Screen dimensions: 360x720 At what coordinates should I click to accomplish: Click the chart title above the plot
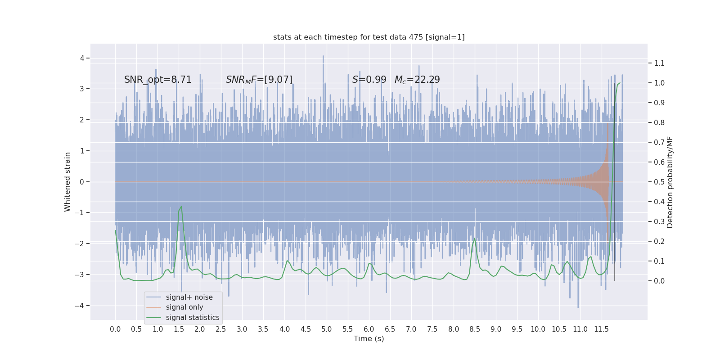tap(369, 37)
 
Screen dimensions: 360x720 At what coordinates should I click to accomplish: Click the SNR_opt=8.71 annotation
tap(158, 80)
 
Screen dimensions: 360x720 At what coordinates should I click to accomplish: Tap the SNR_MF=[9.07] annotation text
tap(259, 80)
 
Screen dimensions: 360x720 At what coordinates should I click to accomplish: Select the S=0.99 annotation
tap(369, 80)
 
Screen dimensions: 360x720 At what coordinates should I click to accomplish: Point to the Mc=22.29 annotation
tap(417, 80)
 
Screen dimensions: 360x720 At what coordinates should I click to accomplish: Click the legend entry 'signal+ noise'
tap(189, 297)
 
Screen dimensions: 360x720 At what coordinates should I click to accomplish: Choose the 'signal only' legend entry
tap(184, 307)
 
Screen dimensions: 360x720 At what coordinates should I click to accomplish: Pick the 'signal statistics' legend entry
tap(193, 318)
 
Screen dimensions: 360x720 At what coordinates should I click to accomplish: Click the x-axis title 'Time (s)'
tap(369, 338)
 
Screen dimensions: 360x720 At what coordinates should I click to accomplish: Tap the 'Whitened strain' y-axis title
tap(67, 182)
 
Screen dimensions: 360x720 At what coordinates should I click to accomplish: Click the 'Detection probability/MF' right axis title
tap(670, 182)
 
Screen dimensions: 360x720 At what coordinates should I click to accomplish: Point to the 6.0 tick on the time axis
tap(369, 329)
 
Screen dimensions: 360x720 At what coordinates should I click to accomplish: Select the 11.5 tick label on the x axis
tap(601, 329)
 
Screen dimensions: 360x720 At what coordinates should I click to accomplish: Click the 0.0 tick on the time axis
tap(115, 329)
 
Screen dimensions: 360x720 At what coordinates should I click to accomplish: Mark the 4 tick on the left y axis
tap(82, 58)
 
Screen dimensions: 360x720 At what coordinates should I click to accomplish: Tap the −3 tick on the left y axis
tap(81, 274)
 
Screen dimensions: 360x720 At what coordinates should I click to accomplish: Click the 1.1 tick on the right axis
tap(659, 63)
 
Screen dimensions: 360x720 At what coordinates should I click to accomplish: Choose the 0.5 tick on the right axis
tap(659, 182)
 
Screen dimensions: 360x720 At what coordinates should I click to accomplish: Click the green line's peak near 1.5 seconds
tap(181, 207)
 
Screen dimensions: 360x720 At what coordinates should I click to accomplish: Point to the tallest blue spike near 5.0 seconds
tap(323, 56)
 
